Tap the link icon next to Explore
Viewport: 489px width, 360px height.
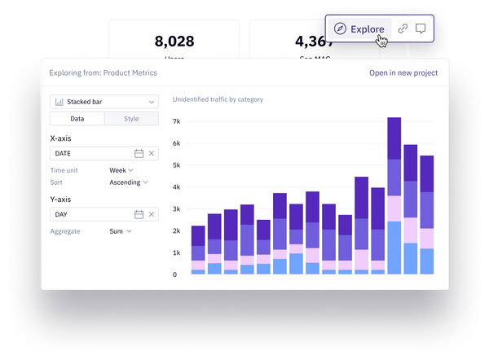coord(403,29)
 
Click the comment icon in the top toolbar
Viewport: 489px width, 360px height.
coord(421,29)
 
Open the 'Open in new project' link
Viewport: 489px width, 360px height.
coord(403,72)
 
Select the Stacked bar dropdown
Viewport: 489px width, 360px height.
coord(104,102)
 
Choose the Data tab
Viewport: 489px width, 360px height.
coord(77,119)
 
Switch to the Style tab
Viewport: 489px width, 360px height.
coord(131,119)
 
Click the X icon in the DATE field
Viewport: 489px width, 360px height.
coord(152,153)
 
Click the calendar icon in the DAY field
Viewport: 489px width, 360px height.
coord(139,214)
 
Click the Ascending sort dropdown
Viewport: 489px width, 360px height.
coord(129,182)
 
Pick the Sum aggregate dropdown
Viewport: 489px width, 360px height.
coord(121,231)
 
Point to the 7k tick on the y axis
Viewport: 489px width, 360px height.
coord(175,121)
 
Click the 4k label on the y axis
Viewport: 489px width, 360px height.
coord(175,187)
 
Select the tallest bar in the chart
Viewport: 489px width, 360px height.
coord(394,195)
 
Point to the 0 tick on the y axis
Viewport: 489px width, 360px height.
coord(175,274)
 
